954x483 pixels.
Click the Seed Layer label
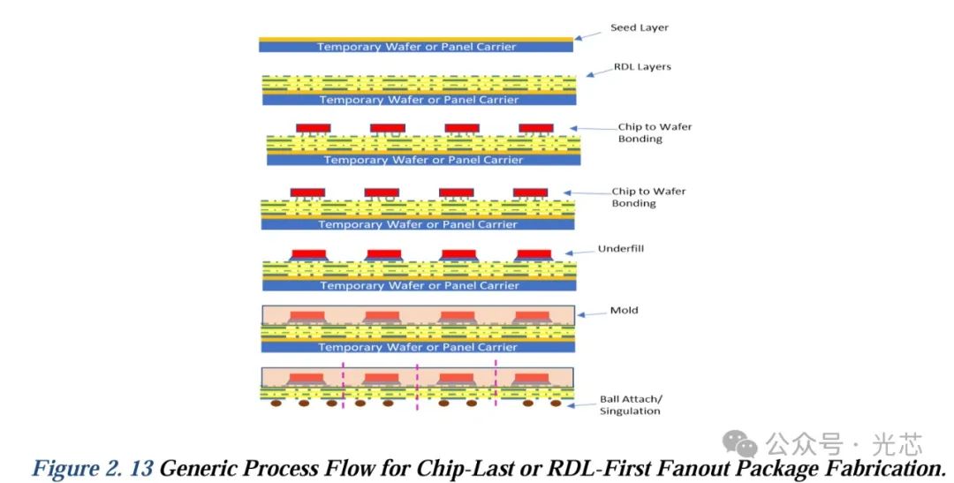[640, 28]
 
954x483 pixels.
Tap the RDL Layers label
[642, 67]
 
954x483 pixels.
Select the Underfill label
[621, 249]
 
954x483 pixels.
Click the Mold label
[625, 310]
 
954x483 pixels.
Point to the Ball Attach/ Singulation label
[631, 405]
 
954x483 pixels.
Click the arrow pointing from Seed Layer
[587, 36]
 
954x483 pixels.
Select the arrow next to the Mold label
[591, 313]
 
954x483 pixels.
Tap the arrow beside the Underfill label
[579, 252]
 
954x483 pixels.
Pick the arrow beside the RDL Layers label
[599, 72]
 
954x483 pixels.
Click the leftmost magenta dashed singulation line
[343, 386]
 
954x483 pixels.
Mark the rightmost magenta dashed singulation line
[496, 382]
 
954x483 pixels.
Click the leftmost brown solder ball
[276, 404]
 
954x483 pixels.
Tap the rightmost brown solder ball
[556, 404]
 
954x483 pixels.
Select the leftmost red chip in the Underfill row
[309, 253]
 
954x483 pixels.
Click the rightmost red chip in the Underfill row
[534, 253]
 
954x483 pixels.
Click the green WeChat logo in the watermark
[739, 443]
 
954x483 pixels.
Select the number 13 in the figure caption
[141, 468]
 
